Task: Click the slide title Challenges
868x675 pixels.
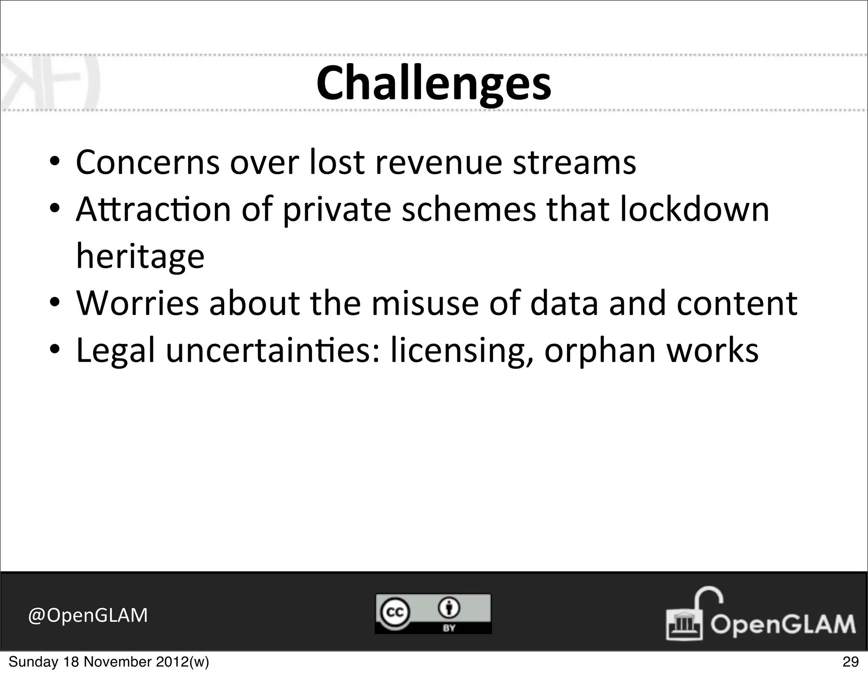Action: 434,83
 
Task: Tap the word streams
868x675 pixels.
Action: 574,163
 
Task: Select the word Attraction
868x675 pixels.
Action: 153,210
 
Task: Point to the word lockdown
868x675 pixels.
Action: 694,210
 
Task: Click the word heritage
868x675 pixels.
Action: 140,257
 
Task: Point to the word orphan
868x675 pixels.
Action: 600,351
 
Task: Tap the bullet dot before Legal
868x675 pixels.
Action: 54,351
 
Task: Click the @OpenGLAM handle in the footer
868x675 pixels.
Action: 88,615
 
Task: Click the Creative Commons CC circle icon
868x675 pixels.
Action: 394,612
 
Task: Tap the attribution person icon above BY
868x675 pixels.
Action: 449,608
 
